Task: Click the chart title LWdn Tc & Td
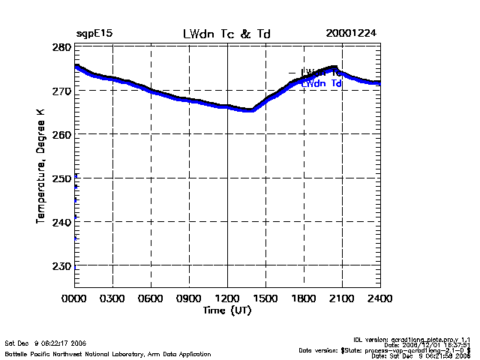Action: click(226, 34)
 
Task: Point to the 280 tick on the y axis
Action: click(62, 47)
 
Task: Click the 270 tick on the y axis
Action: click(62, 91)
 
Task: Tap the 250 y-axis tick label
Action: click(62, 178)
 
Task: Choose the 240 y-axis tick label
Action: click(62, 222)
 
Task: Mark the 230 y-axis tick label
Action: click(62, 265)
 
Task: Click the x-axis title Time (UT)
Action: click(227, 310)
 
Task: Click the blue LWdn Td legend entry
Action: click(321, 84)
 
